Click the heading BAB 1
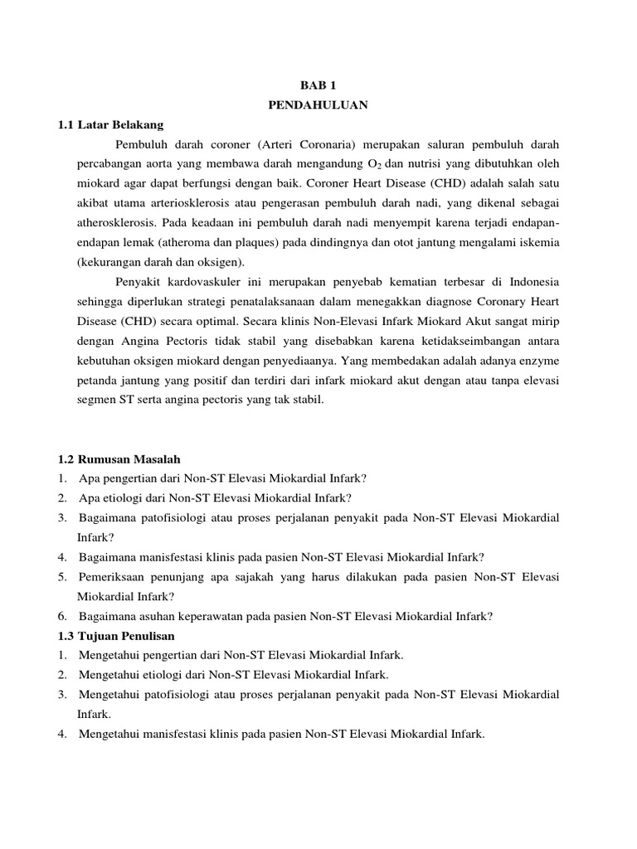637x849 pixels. tap(318, 85)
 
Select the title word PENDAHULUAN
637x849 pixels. tap(318, 105)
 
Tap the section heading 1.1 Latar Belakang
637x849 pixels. tap(110, 125)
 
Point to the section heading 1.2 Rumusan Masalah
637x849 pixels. tap(119, 458)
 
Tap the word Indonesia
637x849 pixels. tap(533, 279)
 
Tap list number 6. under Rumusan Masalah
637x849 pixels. tap(63, 616)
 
